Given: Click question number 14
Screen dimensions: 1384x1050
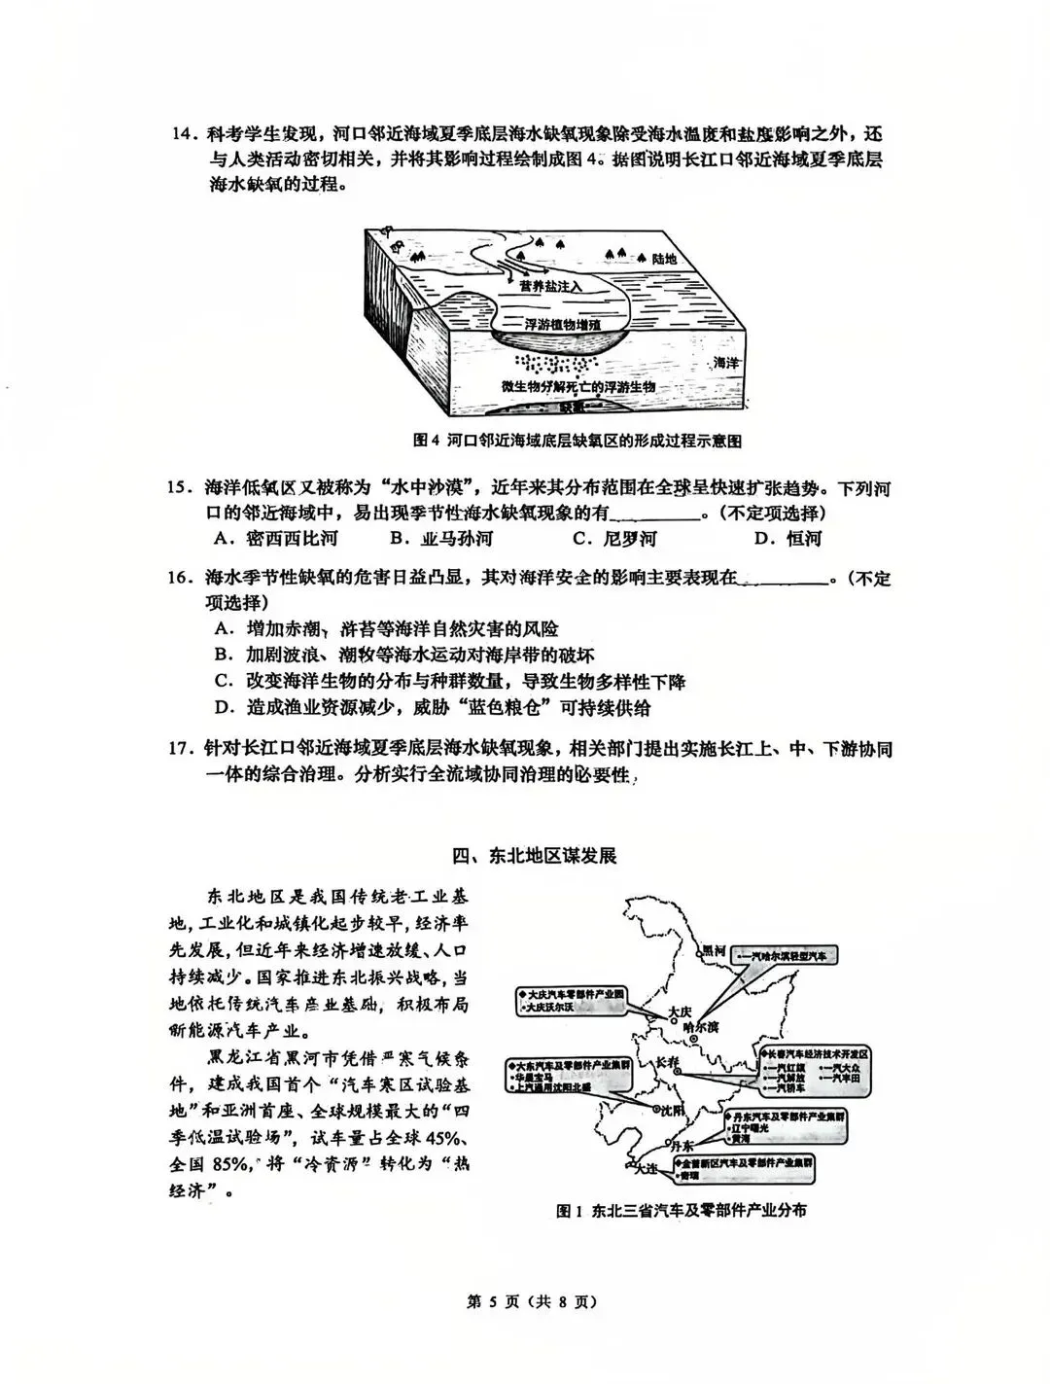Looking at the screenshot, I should point(183,134).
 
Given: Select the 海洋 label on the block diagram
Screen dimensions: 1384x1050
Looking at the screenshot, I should point(727,362).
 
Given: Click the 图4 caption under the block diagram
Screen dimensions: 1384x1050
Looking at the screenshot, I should point(577,441).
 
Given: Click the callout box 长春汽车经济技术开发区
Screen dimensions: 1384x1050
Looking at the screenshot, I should point(816,1053).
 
